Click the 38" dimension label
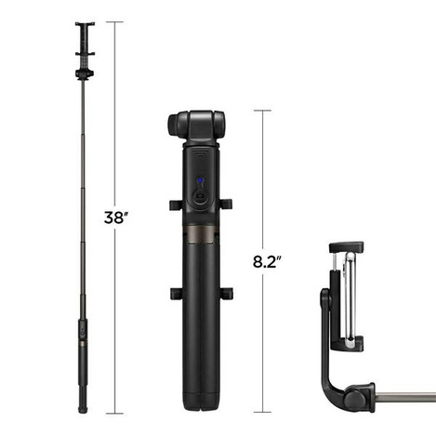click(115, 218)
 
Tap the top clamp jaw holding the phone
click(347, 248)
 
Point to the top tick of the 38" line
click(115, 23)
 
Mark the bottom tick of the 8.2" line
click(263, 412)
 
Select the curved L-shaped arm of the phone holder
click(331, 363)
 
